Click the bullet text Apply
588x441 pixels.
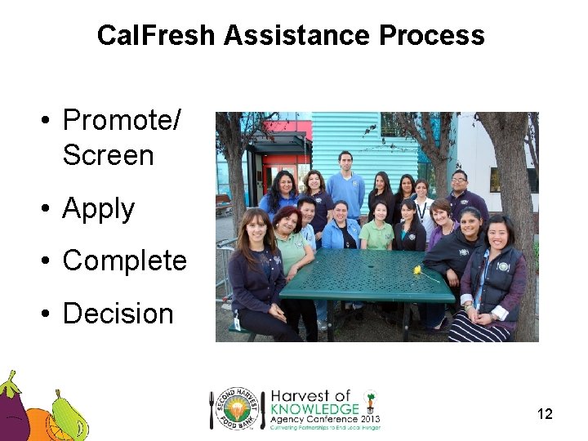click(98, 209)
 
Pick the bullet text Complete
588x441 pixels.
click(124, 261)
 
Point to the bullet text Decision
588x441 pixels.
click(118, 314)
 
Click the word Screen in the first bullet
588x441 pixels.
click(108, 155)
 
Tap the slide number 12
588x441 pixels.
click(545, 414)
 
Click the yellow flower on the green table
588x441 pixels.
click(420, 270)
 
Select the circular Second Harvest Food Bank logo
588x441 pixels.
click(238, 408)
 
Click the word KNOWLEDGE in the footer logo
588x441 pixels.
click(314, 408)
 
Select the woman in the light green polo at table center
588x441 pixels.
click(379, 229)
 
